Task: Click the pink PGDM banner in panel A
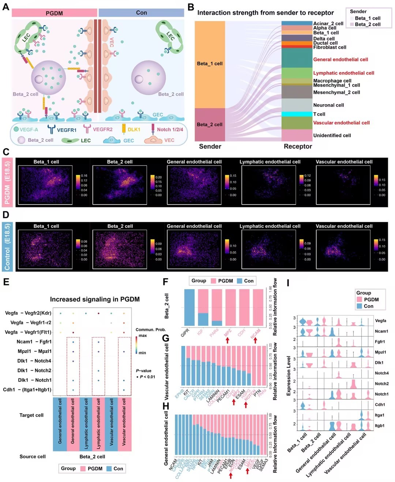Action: (54, 13)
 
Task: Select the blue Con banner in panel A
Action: (141, 13)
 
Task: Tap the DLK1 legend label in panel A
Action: (134, 129)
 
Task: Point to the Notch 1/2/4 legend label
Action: (170, 129)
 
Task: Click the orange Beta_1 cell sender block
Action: (210, 64)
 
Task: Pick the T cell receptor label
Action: (319, 114)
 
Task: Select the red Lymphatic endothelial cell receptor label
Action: (343, 73)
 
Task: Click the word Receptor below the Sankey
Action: (298, 147)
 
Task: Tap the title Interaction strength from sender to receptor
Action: (266, 13)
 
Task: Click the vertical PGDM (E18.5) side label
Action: (7, 182)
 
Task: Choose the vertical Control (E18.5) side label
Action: (7, 247)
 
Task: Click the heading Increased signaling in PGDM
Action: (95, 299)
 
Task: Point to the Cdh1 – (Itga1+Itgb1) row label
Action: (27, 390)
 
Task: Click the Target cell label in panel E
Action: (31, 415)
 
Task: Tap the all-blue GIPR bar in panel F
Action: (189, 307)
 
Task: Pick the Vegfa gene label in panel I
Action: (380, 320)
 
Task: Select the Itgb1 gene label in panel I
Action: (380, 425)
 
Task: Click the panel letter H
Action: (166, 406)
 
